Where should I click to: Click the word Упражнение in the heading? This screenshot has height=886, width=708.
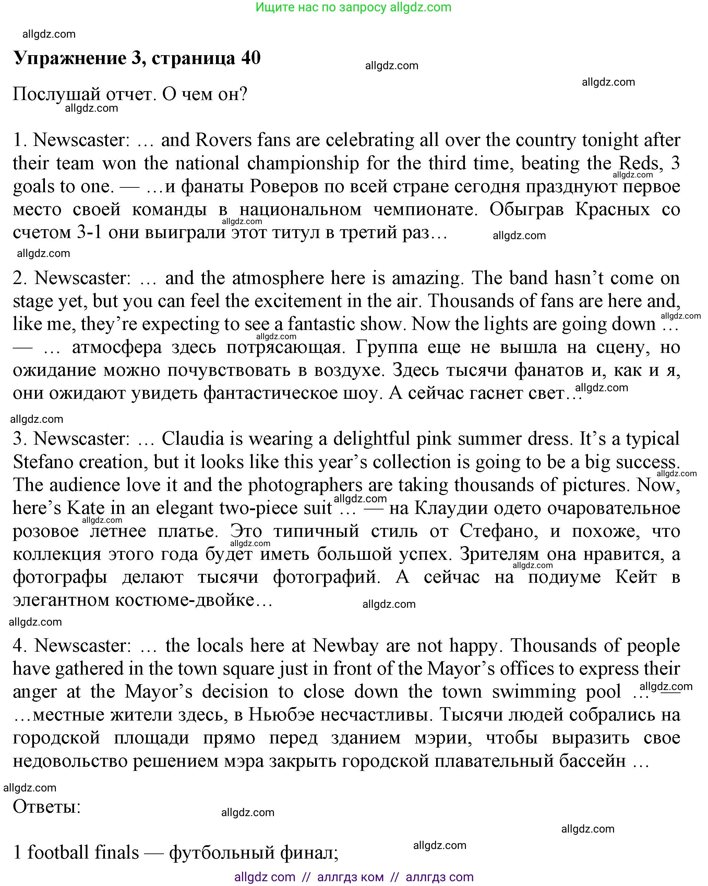(x=70, y=58)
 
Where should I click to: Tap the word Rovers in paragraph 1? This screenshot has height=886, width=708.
(x=223, y=140)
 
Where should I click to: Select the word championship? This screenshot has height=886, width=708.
(x=303, y=163)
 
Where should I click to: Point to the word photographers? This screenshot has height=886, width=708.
(x=305, y=485)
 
